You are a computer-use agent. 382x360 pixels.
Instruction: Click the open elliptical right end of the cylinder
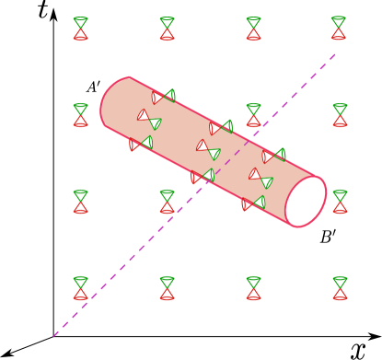click(306, 202)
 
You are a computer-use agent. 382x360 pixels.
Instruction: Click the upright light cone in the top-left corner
click(81, 29)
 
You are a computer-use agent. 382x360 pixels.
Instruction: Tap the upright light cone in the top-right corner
click(339, 29)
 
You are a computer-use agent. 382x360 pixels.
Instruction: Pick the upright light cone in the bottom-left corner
click(81, 288)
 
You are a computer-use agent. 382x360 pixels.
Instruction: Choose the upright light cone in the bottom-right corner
click(340, 288)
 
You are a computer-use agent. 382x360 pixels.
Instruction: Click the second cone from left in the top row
click(167, 29)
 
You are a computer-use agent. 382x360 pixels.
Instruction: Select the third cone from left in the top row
click(253, 29)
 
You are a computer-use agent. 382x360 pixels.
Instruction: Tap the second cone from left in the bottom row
click(167, 288)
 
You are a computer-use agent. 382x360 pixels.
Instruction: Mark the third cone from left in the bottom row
click(253, 288)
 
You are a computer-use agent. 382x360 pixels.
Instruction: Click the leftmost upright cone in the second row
click(81, 115)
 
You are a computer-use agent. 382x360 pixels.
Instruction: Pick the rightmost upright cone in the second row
click(340, 115)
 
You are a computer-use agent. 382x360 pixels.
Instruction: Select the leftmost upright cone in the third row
click(81, 202)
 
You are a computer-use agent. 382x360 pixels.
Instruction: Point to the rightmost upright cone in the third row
click(340, 202)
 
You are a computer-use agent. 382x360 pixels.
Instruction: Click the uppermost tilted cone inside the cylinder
click(164, 96)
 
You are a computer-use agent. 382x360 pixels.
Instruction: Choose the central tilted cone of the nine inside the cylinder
click(208, 149)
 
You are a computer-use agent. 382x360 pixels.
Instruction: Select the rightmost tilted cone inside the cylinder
click(273, 156)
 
